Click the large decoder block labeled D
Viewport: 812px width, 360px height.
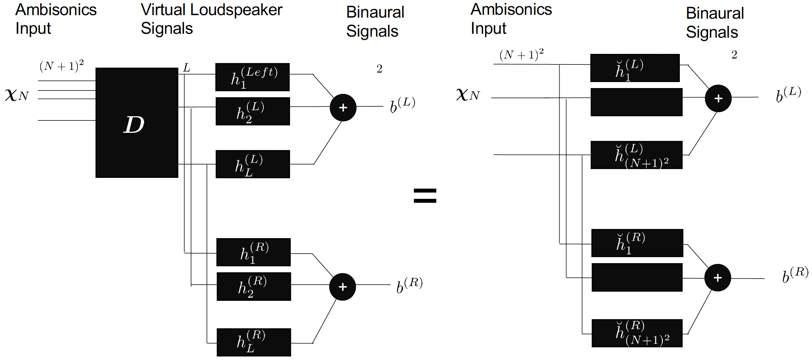pos(137,123)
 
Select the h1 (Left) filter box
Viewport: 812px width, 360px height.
pos(252,77)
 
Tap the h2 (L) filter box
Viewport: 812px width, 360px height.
pos(253,111)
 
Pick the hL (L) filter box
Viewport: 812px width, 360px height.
pos(253,164)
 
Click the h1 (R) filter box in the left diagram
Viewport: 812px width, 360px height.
pos(253,252)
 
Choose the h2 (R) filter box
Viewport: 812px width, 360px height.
pos(254,286)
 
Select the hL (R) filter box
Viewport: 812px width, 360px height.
pos(254,342)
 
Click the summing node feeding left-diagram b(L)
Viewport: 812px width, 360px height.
pos(343,108)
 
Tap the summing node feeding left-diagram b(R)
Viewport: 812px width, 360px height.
pos(343,287)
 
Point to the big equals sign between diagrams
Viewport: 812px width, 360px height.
pos(425,196)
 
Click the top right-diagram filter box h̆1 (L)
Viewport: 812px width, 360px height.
pos(635,68)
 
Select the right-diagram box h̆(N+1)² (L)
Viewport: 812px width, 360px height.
pos(636,155)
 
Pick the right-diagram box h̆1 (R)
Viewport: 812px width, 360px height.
pos(637,243)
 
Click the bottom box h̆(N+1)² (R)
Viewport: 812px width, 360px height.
pos(637,333)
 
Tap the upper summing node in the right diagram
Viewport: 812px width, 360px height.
pos(718,98)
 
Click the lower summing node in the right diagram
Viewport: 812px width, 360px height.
pos(718,278)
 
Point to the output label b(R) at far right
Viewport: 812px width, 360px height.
pos(795,275)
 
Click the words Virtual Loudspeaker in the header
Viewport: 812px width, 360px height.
pos(211,10)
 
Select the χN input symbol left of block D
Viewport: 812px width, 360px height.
pos(17,95)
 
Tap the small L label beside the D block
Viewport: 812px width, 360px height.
pos(186,68)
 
